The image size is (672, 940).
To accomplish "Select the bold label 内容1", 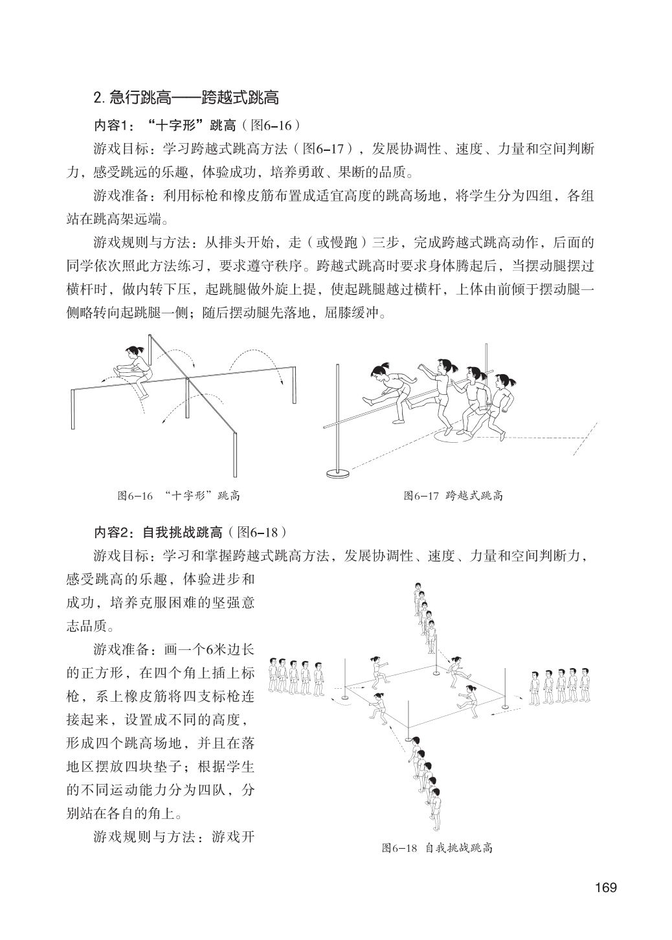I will pos(113,125).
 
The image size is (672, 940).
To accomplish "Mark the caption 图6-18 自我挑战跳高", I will pos(438,848).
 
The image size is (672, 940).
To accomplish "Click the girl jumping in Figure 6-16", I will pos(135,370).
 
